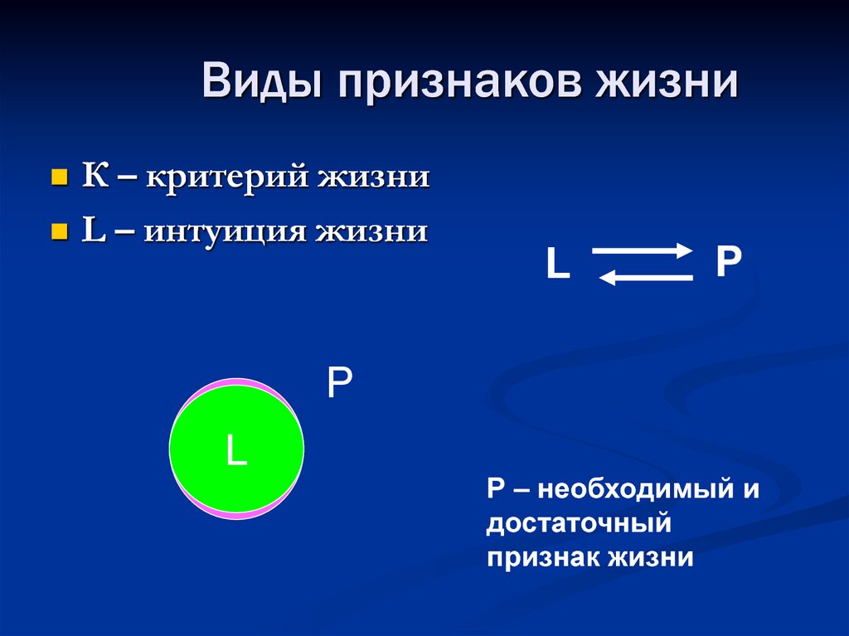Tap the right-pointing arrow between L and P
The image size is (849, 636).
coord(642,250)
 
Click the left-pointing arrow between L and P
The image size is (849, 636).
coord(645,279)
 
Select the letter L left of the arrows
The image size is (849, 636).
coord(558,265)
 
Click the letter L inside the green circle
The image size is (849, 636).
coord(237,450)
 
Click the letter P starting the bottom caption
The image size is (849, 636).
coord(495,488)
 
